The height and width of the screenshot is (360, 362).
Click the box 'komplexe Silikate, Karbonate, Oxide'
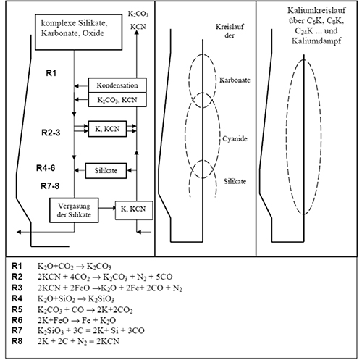(x=79, y=32)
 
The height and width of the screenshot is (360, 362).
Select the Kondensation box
(x=117, y=85)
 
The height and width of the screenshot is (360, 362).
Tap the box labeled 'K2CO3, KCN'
(x=117, y=99)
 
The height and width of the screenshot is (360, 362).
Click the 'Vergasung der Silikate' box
(x=74, y=210)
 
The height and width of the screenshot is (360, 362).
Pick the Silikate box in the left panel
(x=106, y=171)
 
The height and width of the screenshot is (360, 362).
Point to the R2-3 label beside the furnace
(x=51, y=133)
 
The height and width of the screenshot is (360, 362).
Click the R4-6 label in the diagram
(x=46, y=168)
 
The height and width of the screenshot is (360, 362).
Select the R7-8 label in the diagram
(x=50, y=186)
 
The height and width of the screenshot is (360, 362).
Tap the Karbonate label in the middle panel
(x=235, y=80)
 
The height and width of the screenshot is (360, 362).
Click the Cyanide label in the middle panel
(x=235, y=138)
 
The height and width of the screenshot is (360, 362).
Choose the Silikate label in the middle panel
(x=235, y=181)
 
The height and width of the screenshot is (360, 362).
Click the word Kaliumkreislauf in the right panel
(x=316, y=10)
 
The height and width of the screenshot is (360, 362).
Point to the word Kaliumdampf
(x=316, y=41)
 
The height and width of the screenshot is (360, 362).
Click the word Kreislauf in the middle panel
(x=230, y=27)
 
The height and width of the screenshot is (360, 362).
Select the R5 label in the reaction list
(x=17, y=309)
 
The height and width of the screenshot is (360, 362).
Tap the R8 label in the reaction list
(x=17, y=341)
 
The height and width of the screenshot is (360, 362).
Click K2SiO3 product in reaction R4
(x=101, y=299)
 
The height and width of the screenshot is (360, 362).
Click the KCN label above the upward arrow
(x=138, y=27)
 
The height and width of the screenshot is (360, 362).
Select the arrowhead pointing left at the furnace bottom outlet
(x=19, y=232)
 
